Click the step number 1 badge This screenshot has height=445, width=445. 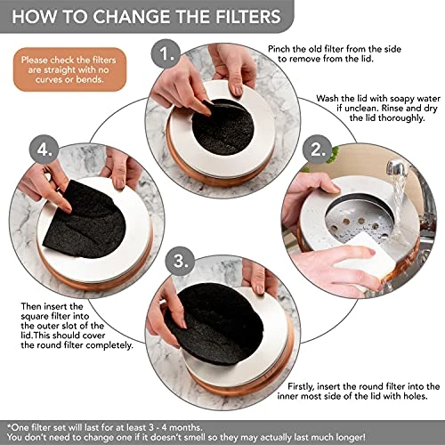tap(166, 54)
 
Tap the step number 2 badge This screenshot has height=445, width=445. tap(317, 150)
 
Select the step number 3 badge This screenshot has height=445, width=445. tap(180, 261)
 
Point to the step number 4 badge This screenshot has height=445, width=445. tap(44, 150)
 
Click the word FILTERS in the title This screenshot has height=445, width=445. tap(248, 16)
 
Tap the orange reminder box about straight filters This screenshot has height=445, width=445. tap(69, 69)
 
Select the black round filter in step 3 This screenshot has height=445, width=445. tap(215, 323)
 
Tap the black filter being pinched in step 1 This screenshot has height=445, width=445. tap(223, 127)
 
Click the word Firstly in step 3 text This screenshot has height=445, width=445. tap(301, 386)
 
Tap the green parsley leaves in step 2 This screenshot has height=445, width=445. tap(335, 155)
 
